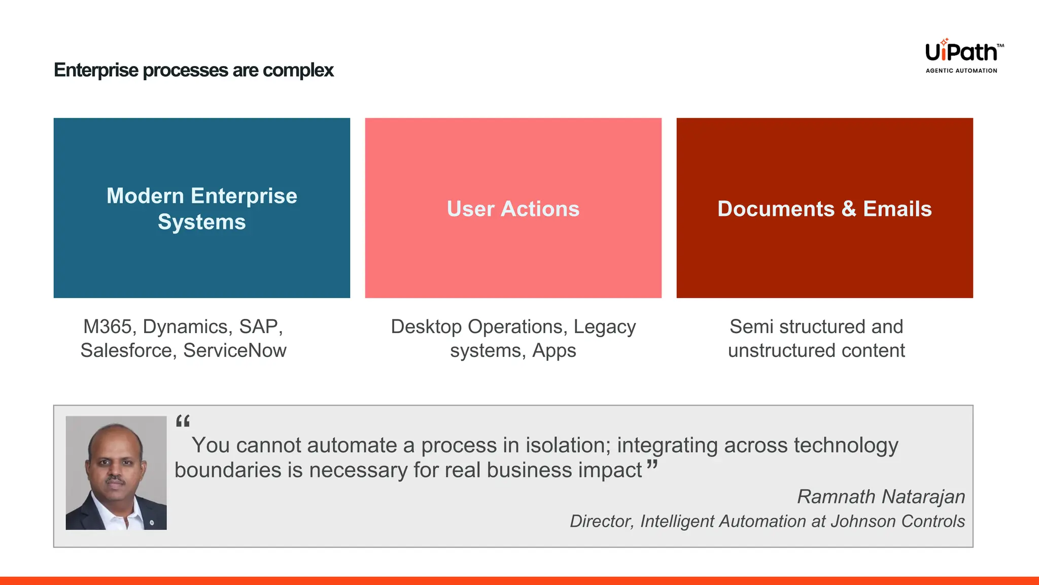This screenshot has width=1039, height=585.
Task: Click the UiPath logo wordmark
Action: pyautogui.click(x=961, y=52)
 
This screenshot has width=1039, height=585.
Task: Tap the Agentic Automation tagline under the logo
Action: pyautogui.click(x=961, y=71)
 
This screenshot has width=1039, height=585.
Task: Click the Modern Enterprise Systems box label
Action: pyautogui.click(x=202, y=209)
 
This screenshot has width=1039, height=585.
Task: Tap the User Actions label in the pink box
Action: pyautogui.click(x=513, y=209)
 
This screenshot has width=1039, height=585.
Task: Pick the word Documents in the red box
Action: pyautogui.click(x=776, y=209)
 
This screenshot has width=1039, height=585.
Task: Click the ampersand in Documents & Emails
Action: pyautogui.click(x=849, y=209)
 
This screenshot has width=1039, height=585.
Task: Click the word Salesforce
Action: pyautogui.click(x=128, y=350)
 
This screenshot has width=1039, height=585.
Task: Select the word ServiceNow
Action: pyautogui.click(x=234, y=350)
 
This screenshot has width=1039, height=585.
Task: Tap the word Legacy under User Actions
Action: pyautogui.click(x=604, y=327)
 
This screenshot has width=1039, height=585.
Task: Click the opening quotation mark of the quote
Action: pyautogui.click(x=183, y=421)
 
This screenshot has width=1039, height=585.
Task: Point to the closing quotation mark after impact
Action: pyautogui.click(x=652, y=464)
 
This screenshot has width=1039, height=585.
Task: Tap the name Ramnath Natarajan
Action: pyautogui.click(x=881, y=497)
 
